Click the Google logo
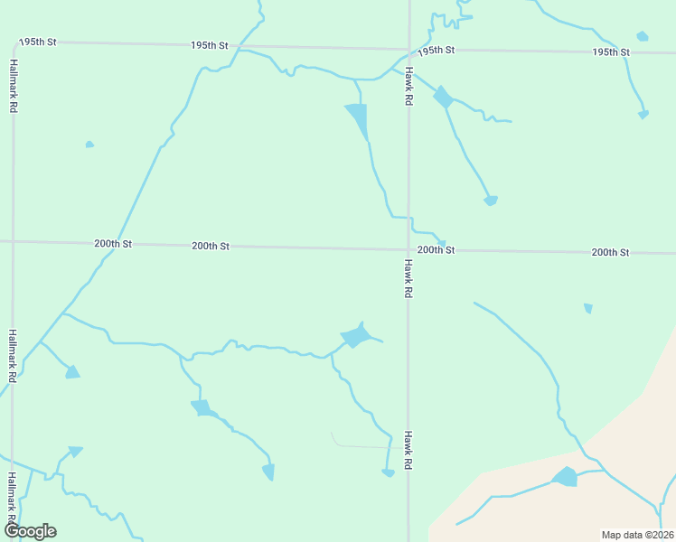pos(30,531)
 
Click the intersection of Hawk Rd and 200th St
pos(408,249)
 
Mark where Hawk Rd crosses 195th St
pos(408,50)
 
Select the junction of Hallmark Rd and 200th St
pos(13,241)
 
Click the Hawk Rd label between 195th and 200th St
pos(408,87)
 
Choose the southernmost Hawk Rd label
pos(408,449)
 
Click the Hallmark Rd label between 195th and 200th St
pos(14,86)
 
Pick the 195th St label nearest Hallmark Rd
pos(38,42)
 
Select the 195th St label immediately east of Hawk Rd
pos(436,50)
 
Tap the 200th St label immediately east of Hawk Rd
pos(436,249)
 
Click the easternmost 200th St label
pos(610,252)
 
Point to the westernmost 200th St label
pos(113,244)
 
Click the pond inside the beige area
pos(565,476)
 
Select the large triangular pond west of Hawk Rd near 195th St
pos(359,118)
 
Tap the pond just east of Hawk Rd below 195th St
pos(442,97)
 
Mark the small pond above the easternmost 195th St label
pos(643,36)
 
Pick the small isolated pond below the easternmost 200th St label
pos(588,308)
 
